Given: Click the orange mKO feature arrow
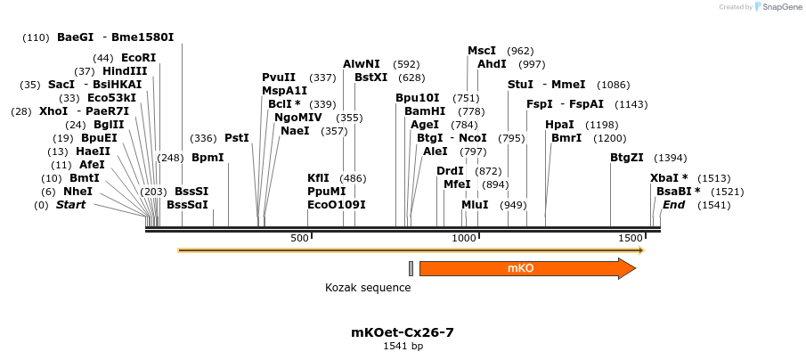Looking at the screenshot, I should (525, 268).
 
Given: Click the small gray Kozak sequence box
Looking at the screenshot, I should (411, 268).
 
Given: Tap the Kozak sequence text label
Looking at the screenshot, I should (368, 288).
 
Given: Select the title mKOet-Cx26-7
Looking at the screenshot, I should (403, 332).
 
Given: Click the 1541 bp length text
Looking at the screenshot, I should (403, 346).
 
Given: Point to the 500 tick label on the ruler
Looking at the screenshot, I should (299, 238).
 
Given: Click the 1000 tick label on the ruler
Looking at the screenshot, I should (464, 238).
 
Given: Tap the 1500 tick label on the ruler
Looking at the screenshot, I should (630, 238).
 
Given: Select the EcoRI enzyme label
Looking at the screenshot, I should (138, 58).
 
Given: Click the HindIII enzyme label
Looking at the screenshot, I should (125, 71).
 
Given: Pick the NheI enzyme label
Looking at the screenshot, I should (77, 192).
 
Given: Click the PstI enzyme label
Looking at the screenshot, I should (236, 138).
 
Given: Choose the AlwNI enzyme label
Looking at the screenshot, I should (362, 64).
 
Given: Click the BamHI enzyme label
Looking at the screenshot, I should (425, 111).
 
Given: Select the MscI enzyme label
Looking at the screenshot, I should (482, 51).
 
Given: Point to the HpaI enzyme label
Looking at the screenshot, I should (559, 125).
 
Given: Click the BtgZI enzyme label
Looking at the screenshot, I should (627, 158).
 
